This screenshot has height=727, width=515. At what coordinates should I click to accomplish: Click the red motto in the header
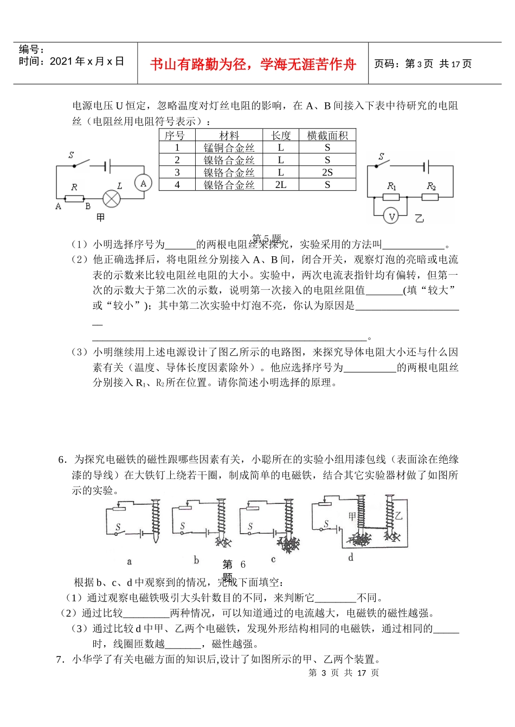click(253, 64)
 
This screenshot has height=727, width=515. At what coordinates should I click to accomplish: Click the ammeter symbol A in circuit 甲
click(143, 184)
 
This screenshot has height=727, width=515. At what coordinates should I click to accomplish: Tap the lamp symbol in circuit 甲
click(112, 198)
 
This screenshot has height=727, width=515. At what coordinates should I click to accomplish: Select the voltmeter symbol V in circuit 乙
click(391, 217)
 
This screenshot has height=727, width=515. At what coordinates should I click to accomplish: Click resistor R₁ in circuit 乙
click(391, 197)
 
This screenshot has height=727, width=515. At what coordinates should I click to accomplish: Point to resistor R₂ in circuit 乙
click(430, 197)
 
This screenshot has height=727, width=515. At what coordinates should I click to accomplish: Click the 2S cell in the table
click(327, 172)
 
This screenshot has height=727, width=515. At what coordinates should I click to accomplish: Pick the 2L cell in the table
click(281, 185)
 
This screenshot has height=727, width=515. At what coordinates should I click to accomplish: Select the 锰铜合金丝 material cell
click(229, 147)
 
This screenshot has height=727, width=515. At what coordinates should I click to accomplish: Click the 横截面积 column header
click(327, 135)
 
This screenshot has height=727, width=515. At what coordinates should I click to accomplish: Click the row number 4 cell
click(177, 185)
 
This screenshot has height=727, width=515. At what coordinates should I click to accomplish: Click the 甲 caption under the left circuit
click(100, 218)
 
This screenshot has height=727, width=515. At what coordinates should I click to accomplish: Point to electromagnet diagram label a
click(129, 562)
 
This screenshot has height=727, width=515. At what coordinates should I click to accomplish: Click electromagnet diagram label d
click(351, 557)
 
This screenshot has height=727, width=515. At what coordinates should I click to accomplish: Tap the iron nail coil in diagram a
click(156, 519)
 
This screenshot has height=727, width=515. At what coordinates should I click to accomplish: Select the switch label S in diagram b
click(183, 525)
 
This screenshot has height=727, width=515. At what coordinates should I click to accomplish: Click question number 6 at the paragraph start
click(62, 459)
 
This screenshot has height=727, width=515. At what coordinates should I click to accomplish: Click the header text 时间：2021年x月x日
click(72, 62)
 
